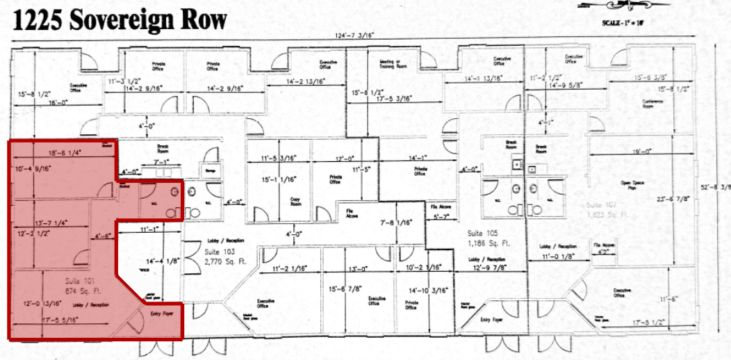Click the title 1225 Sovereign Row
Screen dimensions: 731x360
[120, 20]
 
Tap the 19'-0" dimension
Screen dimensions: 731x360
[641, 151]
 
